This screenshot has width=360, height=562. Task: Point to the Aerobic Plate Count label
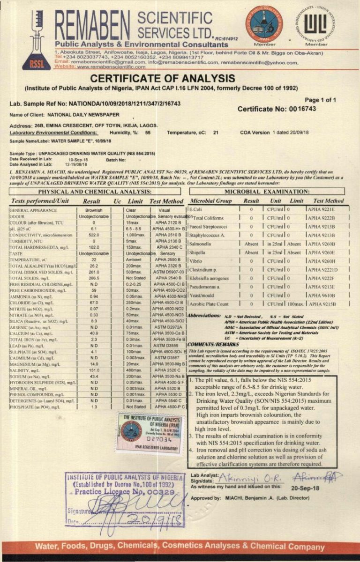pos(210,304)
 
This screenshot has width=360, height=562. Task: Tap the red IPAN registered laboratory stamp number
pos(154,440)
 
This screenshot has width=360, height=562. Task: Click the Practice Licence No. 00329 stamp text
pos(124,493)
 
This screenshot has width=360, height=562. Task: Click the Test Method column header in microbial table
pos(328,200)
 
